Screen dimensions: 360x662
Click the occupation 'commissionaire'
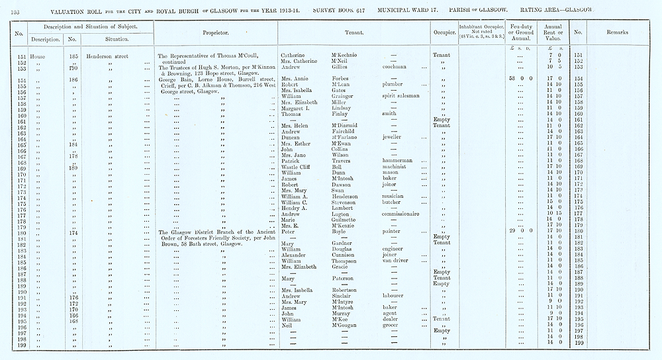(x=403, y=214)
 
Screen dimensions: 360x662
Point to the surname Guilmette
(x=346, y=220)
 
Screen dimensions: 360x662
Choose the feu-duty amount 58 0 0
(x=519, y=79)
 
